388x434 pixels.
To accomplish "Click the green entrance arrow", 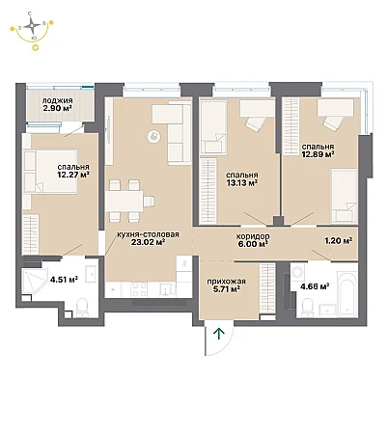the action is coord(219,334).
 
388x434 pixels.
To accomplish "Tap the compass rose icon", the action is coord(32,25).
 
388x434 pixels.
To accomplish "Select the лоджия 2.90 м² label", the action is coord(57,104).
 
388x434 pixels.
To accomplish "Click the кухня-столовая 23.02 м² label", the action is coord(148,238).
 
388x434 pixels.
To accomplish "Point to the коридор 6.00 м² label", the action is coord(253,240).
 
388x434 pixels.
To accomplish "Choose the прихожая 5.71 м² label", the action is coord(226,285).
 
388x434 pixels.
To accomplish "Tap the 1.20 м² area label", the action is coord(338,240).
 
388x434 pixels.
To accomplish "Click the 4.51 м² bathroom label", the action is coord(64,280).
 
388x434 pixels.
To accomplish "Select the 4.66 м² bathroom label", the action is coord(315,285).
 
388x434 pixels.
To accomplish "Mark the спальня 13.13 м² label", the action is coord(242,179).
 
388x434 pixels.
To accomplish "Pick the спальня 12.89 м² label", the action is coord(318,150).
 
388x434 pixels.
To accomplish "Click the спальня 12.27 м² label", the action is coord(73,171).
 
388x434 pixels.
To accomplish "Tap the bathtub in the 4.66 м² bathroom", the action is coord(347,294).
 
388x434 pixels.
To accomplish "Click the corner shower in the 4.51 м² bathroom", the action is coord(33,282).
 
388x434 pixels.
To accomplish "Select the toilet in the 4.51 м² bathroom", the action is coord(82,307).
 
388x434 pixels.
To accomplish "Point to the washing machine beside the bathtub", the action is coord(298,273).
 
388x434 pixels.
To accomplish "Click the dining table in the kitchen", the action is coord(125,201).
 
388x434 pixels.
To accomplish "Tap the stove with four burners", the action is coord(139,289).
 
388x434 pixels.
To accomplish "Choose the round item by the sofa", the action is coord(153,136).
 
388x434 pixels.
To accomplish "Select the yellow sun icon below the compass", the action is coord(35,47).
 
